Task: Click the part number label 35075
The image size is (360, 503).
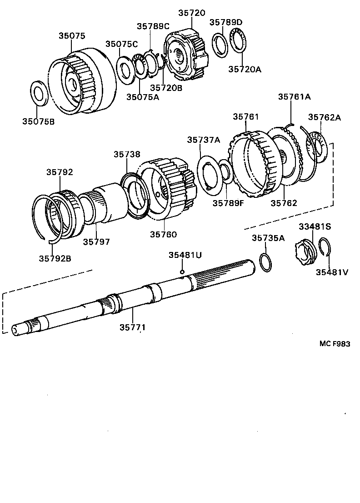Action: [71, 36]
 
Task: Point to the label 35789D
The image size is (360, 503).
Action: [226, 22]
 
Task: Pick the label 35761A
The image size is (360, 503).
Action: [294, 96]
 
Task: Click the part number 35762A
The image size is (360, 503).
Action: [325, 117]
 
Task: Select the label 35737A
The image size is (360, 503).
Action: [203, 140]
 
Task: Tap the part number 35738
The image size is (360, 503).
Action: [127, 155]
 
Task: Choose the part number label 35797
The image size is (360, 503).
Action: [96, 242]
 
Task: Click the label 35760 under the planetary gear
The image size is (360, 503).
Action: [163, 234]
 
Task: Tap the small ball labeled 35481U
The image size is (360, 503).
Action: [182, 272]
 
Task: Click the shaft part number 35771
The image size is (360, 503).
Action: [133, 327]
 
